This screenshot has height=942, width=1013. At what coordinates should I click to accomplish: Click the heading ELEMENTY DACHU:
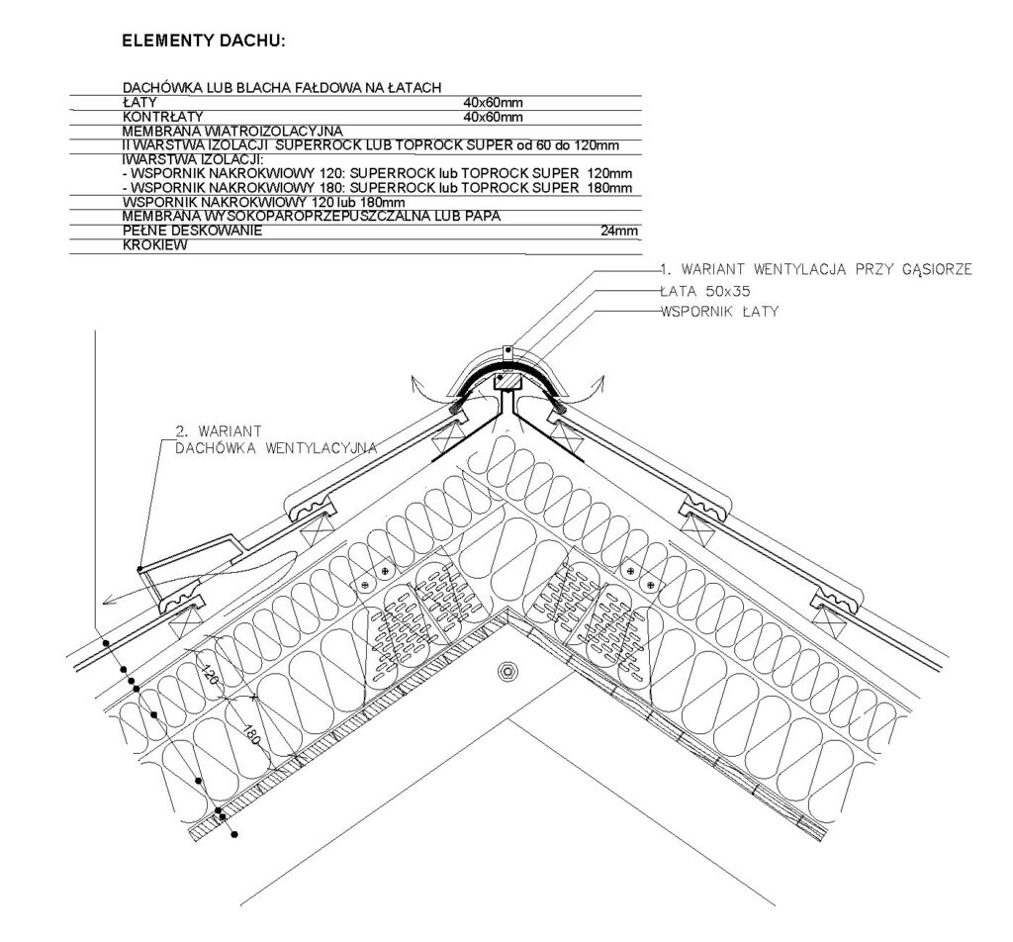[x=204, y=42]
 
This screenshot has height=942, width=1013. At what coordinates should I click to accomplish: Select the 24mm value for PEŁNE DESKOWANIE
[x=619, y=231]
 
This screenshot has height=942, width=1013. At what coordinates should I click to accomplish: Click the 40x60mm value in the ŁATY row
[x=493, y=102]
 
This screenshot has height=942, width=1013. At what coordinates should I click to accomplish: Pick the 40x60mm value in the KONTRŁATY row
[x=493, y=117]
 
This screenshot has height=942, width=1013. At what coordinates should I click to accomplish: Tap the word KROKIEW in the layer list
[x=155, y=244]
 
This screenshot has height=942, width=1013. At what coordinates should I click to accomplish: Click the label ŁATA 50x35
[x=704, y=291]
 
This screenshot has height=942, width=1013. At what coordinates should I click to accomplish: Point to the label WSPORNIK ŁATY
[x=720, y=312]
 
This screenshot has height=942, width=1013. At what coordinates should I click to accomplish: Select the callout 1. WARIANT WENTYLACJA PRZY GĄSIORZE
[x=816, y=269]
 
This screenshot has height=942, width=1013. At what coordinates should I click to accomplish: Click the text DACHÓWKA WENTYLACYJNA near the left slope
[x=276, y=447]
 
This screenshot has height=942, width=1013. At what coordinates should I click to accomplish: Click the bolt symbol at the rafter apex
[x=507, y=671]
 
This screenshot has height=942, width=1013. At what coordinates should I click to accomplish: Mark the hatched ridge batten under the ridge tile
[x=507, y=381]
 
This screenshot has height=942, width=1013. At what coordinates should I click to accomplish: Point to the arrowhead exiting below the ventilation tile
[x=108, y=601]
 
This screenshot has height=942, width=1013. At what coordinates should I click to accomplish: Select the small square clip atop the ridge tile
[x=507, y=353]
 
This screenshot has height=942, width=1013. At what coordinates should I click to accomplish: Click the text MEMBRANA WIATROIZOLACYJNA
[x=232, y=132]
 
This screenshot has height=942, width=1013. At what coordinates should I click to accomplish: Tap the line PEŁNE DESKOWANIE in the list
[x=193, y=231]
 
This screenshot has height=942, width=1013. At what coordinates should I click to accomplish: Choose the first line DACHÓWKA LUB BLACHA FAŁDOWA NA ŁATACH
[x=282, y=88]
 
